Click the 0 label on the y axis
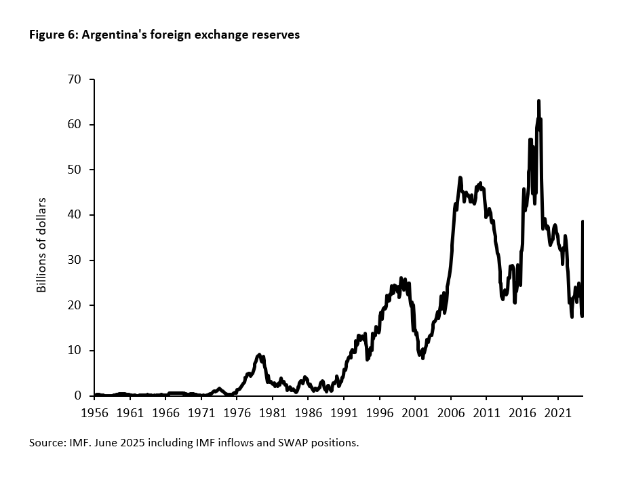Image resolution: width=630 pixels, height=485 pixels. point(77,395)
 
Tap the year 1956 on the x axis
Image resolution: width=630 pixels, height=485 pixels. point(95,412)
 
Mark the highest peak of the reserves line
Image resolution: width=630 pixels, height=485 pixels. point(538,101)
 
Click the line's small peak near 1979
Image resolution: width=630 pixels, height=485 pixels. point(259,355)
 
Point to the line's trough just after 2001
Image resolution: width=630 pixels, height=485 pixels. point(422,357)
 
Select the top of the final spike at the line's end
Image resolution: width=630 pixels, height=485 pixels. point(583,222)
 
